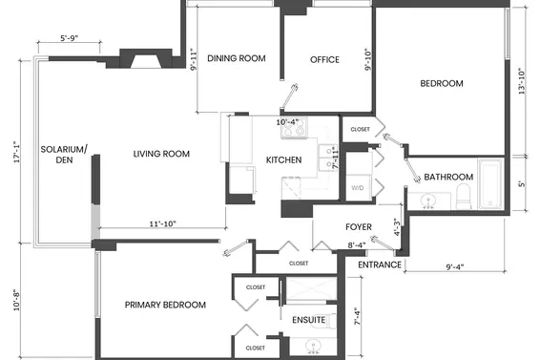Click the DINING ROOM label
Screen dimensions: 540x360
(x=237, y=58)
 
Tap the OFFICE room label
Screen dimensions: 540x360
(x=324, y=59)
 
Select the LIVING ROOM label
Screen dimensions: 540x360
(x=161, y=154)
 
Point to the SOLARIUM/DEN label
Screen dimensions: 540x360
(x=64, y=155)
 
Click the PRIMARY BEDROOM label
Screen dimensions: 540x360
(x=165, y=305)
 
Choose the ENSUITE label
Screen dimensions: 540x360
(x=309, y=320)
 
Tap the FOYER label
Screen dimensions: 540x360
(x=359, y=227)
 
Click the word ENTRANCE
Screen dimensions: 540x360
(x=380, y=265)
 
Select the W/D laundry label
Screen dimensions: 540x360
(x=358, y=188)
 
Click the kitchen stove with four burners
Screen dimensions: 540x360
(x=294, y=127)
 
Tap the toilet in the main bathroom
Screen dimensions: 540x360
(x=464, y=196)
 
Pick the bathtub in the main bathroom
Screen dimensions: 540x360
(x=490, y=183)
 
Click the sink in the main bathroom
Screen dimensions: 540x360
(x=428, y=201)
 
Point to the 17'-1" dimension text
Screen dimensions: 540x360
(x=17, y=152)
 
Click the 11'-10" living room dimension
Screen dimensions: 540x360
(x=162, y=223)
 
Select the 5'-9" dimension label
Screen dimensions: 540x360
(x=70, y=38)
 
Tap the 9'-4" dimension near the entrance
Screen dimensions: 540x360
(x=455, y=267)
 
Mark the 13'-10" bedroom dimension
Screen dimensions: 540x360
(x=522, y=81)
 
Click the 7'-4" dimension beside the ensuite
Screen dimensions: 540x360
(x=358, y=317)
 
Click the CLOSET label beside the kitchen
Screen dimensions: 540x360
(x=360, y=129)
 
